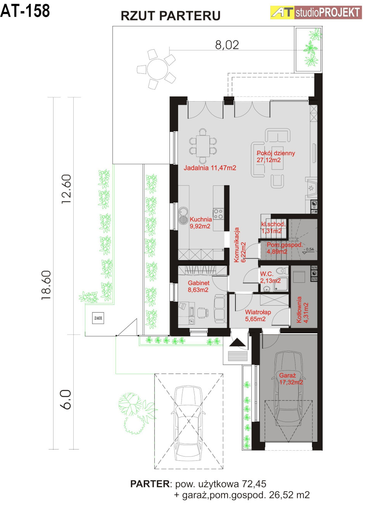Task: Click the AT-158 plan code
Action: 25,11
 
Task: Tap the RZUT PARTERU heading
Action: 171,16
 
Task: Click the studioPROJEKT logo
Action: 316,12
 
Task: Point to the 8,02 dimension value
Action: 227,45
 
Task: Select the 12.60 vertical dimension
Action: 66,189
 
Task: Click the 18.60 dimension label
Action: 46,285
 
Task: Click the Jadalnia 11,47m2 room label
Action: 210,168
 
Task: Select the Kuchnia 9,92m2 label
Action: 200,223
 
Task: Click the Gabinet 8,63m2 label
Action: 199,286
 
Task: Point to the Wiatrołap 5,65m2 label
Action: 258,315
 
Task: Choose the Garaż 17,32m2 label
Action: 291,379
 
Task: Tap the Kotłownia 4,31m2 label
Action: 302,310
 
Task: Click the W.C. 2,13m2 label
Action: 270,277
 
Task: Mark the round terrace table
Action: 157,69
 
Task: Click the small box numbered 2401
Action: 98,318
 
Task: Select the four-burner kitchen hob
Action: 218,214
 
